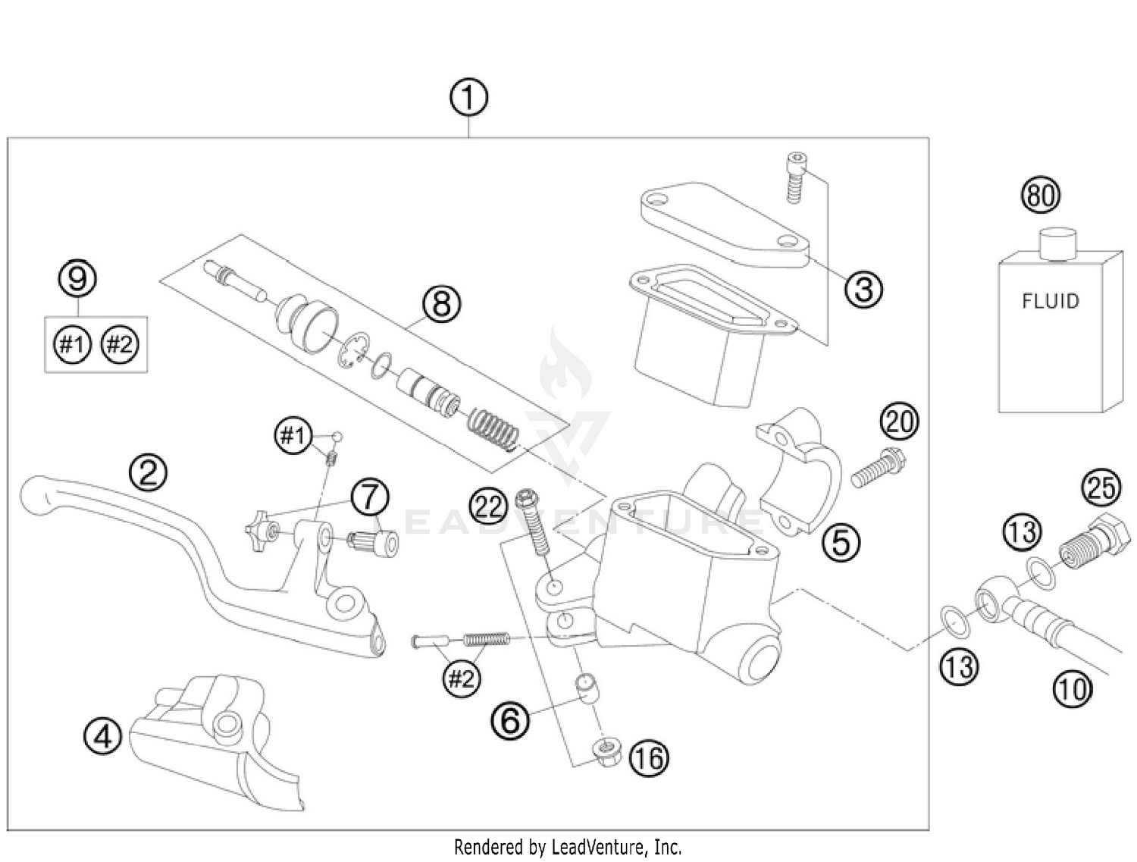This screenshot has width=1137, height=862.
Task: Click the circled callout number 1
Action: pos(468,98)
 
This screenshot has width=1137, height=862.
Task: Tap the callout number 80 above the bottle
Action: pos(1041,196)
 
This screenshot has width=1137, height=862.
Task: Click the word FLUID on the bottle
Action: pos(1050,302)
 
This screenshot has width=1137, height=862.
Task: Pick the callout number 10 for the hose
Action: pos(1072,689)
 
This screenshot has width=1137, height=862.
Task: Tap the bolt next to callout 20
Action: pos(879,467)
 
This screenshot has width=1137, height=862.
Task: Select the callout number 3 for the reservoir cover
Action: pos(864,289)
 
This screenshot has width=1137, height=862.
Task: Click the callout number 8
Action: pos(441,304)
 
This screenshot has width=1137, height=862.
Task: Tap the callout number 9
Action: pos(78,278)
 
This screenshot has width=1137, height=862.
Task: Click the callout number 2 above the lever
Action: pos(148,472)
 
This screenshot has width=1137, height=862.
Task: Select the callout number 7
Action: pos(369,497)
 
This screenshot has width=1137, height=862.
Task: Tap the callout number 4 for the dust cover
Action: pos(103,735)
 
